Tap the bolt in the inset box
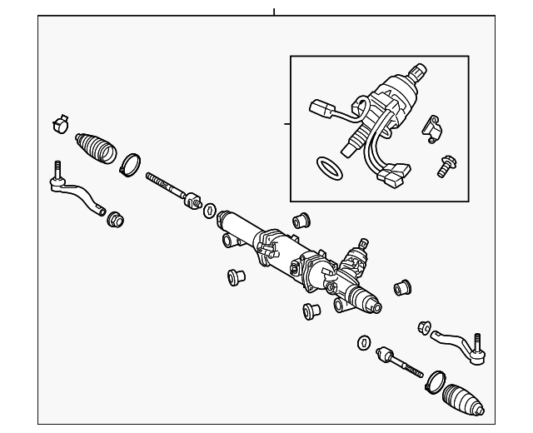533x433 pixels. point(443,167)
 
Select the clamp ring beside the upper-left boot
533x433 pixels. point(129,165)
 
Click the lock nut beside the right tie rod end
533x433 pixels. point(423,326)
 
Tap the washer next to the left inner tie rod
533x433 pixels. point(210,209)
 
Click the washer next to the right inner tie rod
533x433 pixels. point(364,342)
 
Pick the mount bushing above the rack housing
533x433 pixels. point(301,221)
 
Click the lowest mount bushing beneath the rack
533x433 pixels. point(313,312)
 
